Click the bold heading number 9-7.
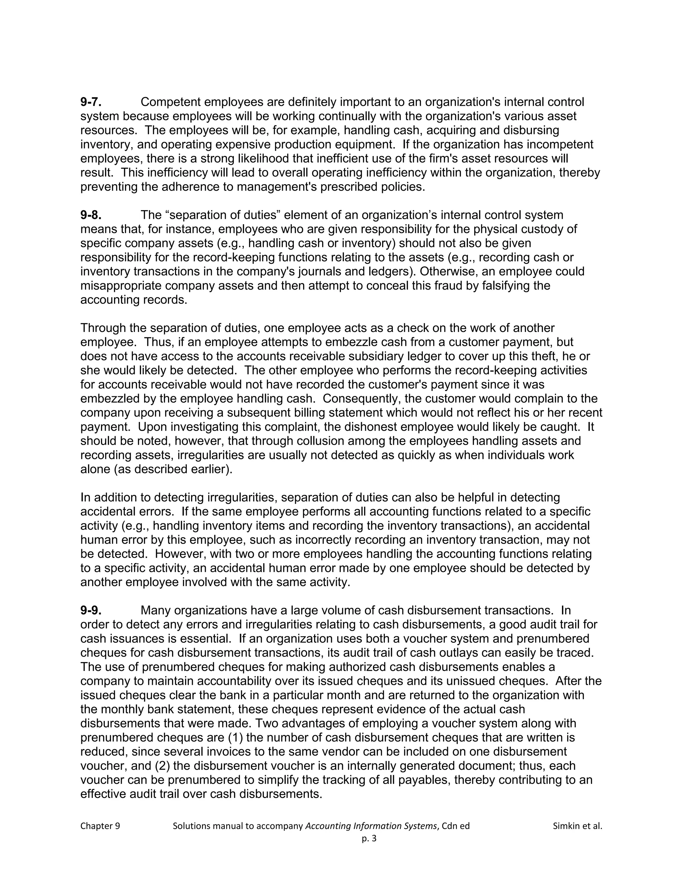coord(91,102)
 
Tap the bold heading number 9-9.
coord(91,610)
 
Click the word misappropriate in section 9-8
coord(121,286)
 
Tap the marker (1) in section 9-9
coord(235,738)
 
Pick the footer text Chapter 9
coord(100,826)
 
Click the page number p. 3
coord(369,839)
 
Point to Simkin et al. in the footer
coord(577,826)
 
